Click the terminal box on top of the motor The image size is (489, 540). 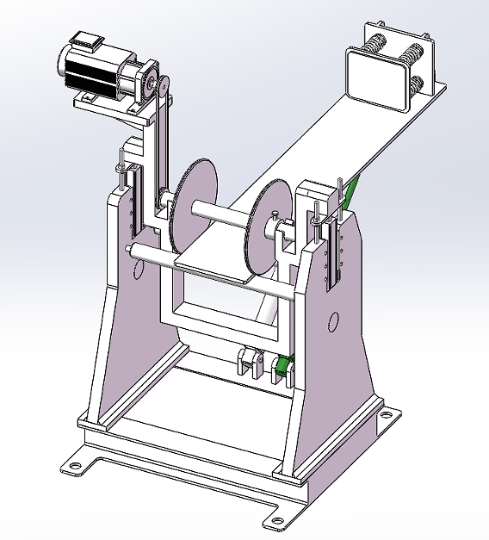[87, 40]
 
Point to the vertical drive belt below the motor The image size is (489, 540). [161, 146]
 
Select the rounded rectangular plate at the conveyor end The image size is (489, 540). [375, 81]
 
